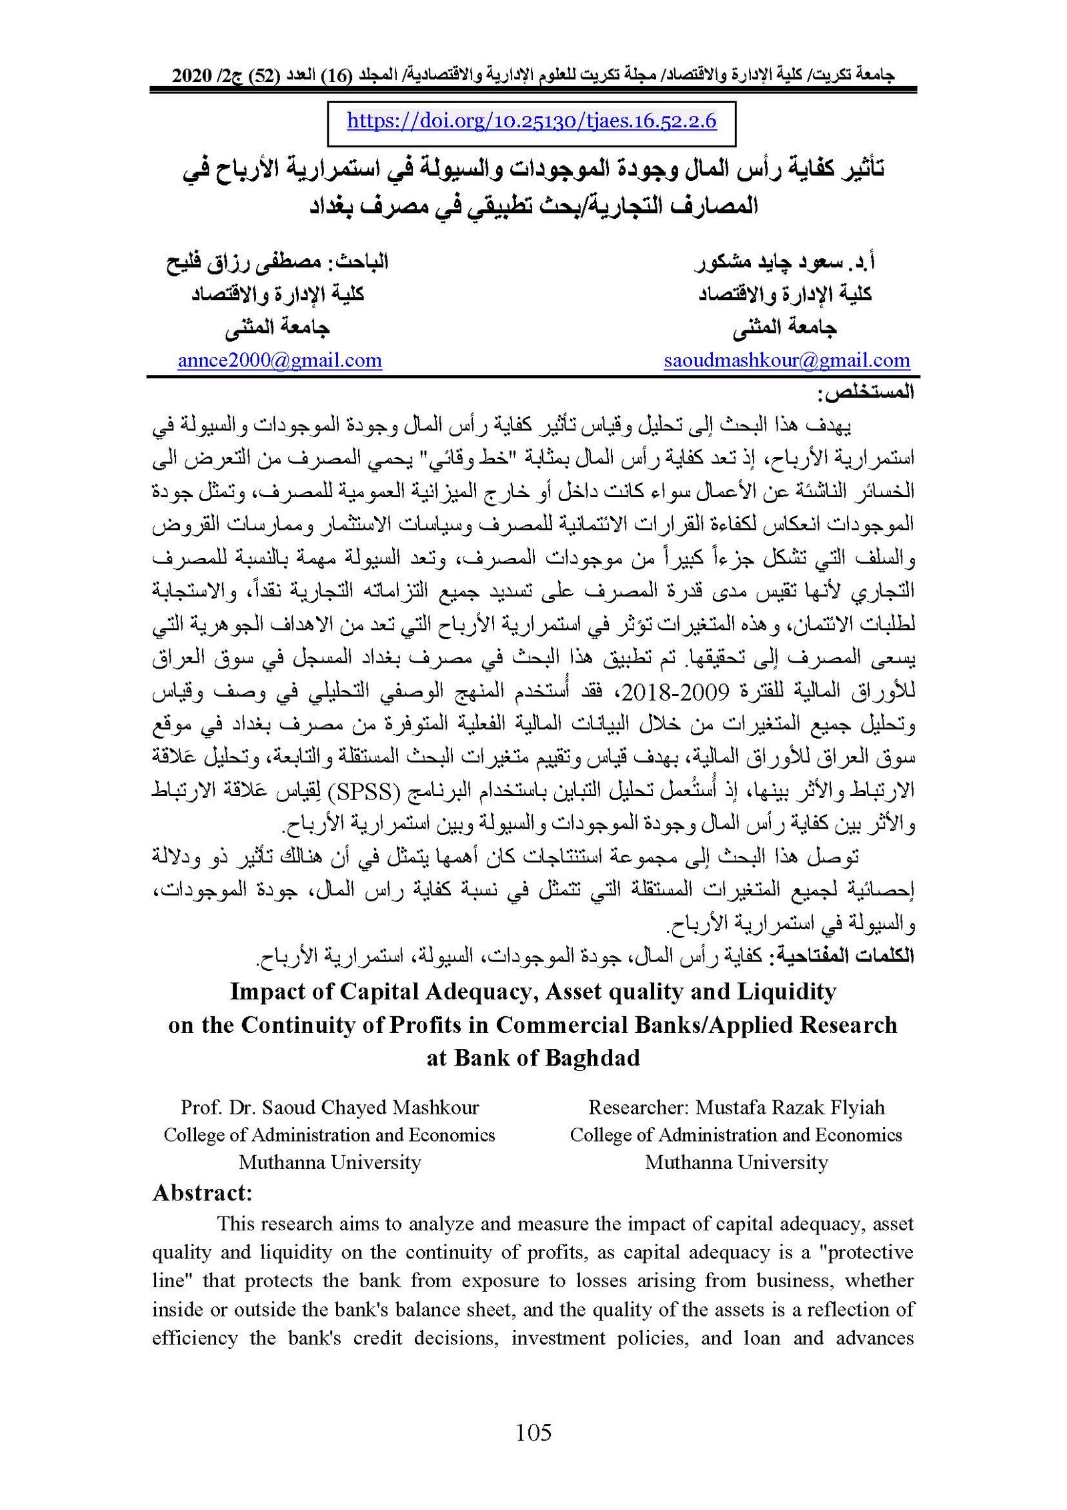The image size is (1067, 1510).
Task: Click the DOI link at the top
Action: (531, 121)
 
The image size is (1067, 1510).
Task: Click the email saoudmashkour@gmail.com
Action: (786, 361)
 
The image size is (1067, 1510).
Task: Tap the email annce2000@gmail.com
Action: (279, 361)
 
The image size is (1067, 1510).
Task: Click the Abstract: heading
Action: (202, 1193)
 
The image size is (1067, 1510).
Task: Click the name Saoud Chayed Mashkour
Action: (370, 1108)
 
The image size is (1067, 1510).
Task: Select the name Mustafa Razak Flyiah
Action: (790, 1108)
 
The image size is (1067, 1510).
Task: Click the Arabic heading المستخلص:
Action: (866, 393)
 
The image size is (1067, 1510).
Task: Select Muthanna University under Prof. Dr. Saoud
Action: (329, 1162)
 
